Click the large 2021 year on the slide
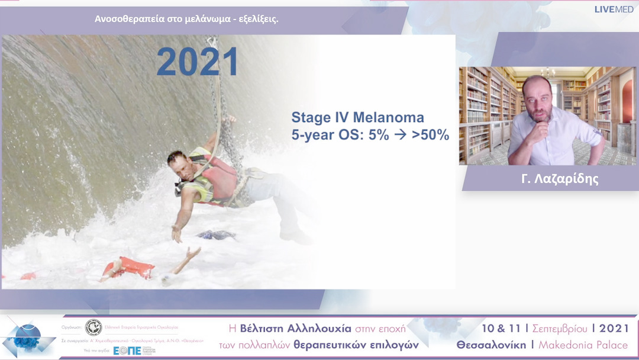198,62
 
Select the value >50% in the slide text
430,135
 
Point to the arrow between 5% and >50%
400,135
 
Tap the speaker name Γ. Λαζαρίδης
560,179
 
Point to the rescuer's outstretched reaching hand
176,234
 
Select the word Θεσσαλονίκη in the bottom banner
490,345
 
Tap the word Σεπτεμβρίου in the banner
561,328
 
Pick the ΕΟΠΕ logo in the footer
127,350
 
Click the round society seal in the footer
93,327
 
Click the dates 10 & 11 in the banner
502,328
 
